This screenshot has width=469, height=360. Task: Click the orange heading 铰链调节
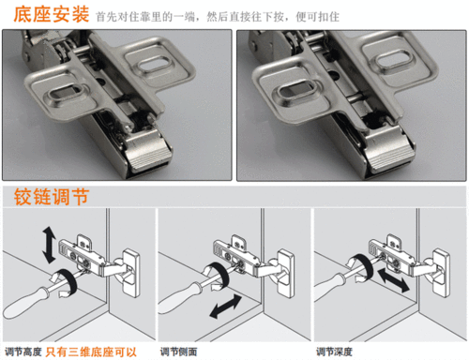click(x=53, y=200)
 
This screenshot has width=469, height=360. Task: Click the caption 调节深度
click(x=334, y=351)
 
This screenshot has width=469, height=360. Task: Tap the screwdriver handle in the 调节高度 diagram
click(x=23, y=306)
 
